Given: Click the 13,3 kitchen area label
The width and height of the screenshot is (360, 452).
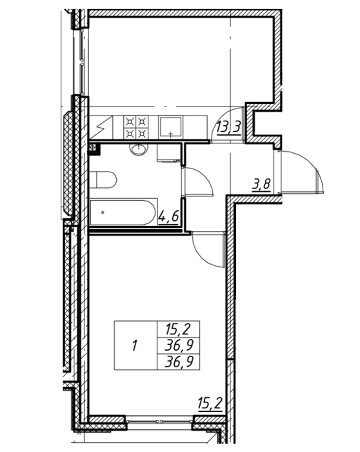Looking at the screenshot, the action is [228, 127].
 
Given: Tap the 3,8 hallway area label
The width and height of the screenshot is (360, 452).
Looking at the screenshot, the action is [261, 185].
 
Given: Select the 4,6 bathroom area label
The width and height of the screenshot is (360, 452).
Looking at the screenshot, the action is [169, 218].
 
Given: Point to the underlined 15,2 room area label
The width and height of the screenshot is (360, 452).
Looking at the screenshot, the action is [210, 404].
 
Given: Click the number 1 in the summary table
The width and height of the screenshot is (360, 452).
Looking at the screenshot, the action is [134, 345].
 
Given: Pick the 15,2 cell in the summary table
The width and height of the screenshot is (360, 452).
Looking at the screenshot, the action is [178, 329].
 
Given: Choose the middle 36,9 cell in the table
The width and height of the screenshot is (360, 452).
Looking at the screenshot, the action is [179, 345].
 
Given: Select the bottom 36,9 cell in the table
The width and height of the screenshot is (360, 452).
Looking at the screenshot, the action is [179, 362].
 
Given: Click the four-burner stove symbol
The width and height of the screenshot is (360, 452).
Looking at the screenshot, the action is [136, 127].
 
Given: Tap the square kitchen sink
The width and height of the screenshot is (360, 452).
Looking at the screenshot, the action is [170, 127].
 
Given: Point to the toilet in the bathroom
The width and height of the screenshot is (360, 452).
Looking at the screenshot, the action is [103, 180].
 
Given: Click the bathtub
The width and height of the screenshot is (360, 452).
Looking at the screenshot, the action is [123, 212].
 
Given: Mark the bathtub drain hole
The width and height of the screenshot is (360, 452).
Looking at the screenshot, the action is [103, 212].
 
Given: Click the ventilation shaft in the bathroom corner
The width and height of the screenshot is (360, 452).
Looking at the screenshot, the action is [94, 149].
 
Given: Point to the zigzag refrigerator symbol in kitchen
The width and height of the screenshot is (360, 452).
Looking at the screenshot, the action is [101, 128].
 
